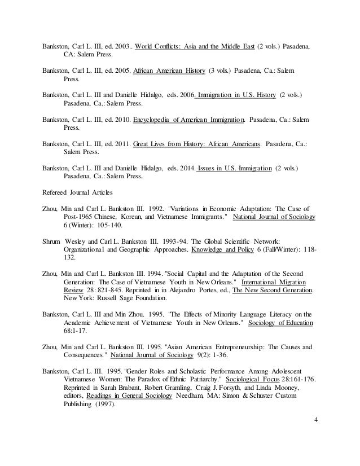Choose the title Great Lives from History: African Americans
coord(196,143)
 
